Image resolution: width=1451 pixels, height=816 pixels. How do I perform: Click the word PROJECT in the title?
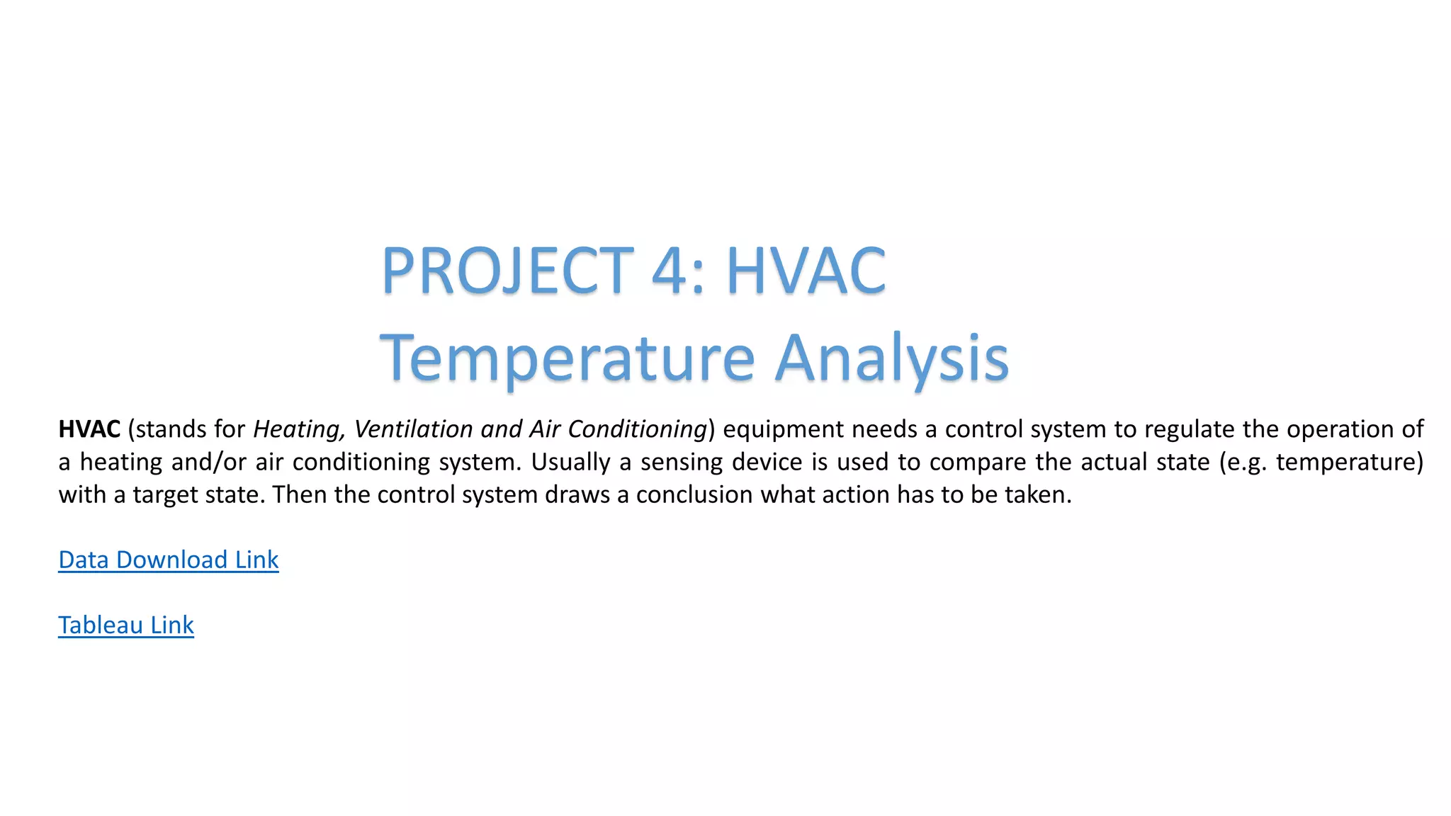[x=507, y=271]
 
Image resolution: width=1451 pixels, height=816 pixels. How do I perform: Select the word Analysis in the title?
[x=891, y=358]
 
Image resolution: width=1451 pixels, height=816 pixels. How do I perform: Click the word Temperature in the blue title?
[x=568, y=358]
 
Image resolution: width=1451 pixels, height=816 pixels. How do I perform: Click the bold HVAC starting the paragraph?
[x=89, y=429]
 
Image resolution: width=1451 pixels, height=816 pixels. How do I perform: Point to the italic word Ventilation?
[x=413, y=429]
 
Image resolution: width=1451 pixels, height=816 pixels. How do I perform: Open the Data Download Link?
[x=169, y=560]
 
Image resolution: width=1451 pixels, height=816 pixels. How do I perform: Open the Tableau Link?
[x=126, y=625]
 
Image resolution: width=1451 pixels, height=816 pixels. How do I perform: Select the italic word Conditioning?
[x=637, y=429]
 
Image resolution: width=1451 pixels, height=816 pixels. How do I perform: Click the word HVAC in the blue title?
[x=806, y=271]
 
